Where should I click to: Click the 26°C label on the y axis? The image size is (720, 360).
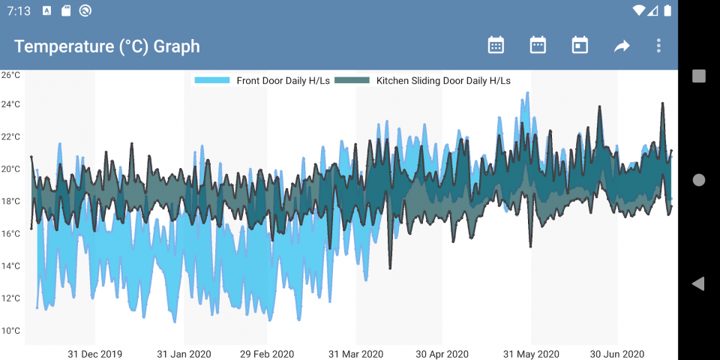click(x=10, y=75)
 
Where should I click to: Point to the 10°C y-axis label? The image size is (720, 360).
click(x=10, y=331)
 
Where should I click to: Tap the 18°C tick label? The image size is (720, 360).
click(x=10, y=201)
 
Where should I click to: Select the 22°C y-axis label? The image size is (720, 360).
click(x=10, y=136)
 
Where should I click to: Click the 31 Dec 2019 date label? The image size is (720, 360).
click(x=94, y=354)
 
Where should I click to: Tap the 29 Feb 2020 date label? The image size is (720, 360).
click(x=267, y=354)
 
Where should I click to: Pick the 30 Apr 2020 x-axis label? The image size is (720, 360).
click(x=442, y=354)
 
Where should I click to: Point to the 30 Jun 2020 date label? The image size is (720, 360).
click(x=617, y=354)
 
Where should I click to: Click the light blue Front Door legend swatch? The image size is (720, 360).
click(x=212, y=80)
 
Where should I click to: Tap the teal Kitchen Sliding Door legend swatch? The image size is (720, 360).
click(x=352, y=80)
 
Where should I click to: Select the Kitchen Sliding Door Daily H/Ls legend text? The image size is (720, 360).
click(x=443, y=80)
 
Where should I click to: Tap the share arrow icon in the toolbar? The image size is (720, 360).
click(x=622, y=46)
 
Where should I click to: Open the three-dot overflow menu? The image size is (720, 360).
click(x=658, y=46)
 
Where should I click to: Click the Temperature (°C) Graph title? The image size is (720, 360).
click(x=107, y=46)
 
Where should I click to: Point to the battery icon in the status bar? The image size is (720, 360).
click(x=668, y=10)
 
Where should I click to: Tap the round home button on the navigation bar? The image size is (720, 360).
click(x=699, y=180)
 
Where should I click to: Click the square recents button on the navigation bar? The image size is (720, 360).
click(x=699, y=76)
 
